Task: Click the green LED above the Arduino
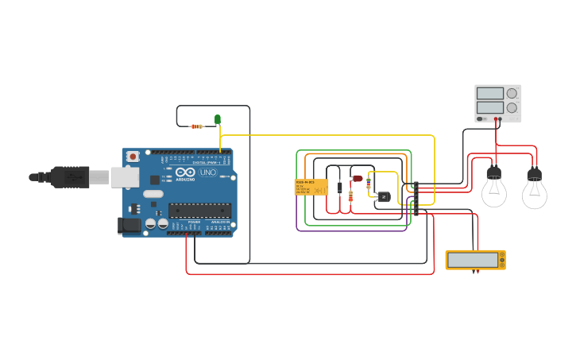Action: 217,119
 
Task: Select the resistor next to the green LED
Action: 197,126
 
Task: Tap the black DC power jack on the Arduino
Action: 129,226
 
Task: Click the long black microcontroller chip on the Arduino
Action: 199,211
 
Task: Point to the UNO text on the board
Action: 207,172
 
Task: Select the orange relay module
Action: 311,187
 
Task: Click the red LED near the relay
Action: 358,179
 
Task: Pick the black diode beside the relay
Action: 339,188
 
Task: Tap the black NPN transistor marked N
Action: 384,196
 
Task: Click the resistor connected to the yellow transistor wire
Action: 368,183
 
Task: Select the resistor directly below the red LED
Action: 350,195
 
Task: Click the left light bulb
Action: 494,188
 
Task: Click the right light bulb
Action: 534,189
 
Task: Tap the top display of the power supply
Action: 489,93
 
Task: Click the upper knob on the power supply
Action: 511,93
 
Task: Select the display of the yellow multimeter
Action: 474,259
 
